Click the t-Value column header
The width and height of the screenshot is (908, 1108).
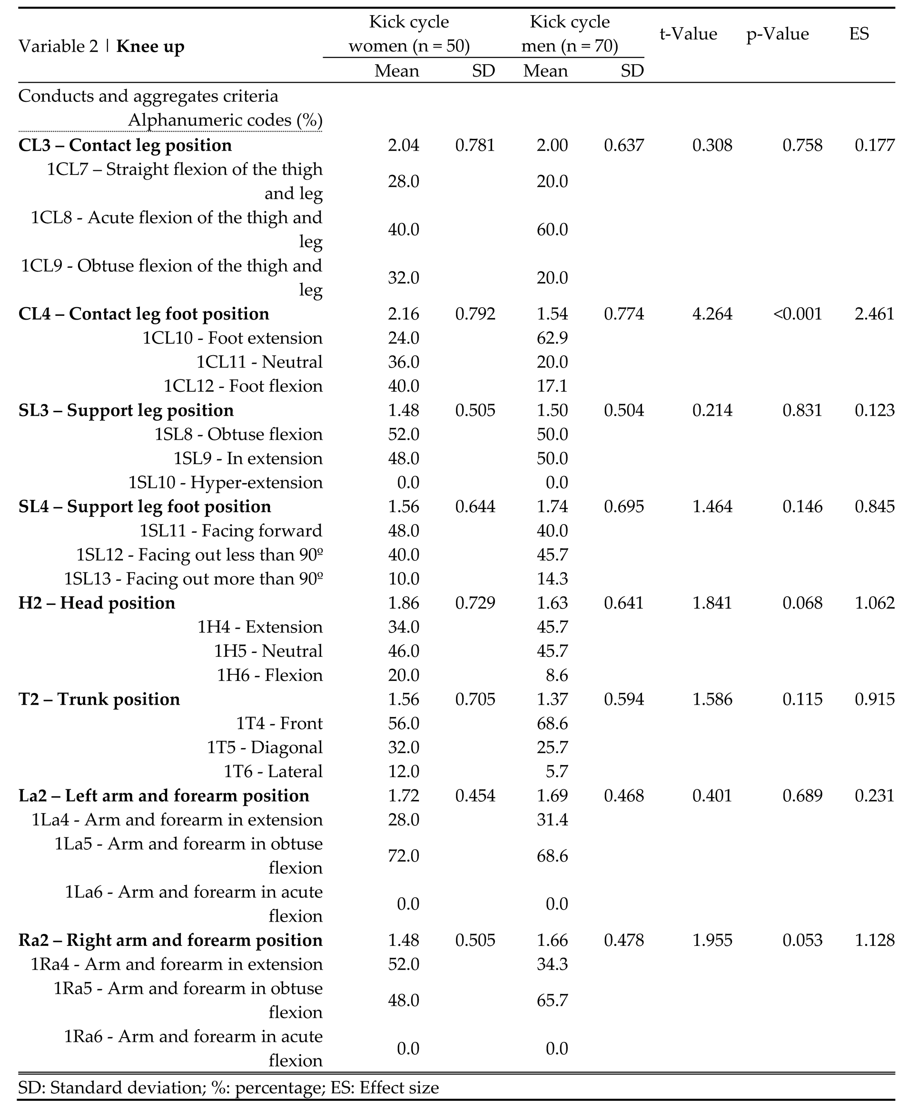pyautogui.click(x=688, y=34)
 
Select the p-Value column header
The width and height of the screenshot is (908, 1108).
pyautogui.click(x=777, y=34)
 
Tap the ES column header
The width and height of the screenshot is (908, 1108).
pyautogui.click(x=859, y=34)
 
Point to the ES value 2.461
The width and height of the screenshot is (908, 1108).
pyautogui.click(x=875, y=314)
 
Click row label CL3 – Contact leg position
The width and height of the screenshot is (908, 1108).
pyautogui.click(x=125, y=146)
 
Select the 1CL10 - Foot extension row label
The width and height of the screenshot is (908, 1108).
pyautogui.click(x=232, y=338)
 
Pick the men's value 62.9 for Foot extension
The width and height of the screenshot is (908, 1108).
pyautogui.click(x=552, y=338)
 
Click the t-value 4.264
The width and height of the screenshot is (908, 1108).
pyautogui.click(x=712, y=314)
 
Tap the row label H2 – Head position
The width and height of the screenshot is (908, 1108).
pyautogui.click(x=97, y=603)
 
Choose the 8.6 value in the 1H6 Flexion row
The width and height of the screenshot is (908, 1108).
pyautogui.click(x=556, y=675)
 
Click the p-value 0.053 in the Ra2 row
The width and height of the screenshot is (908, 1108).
pyautogui.click(x=802, y=940)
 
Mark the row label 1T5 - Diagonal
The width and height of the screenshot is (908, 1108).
pyautogui.click(x=265, y=748)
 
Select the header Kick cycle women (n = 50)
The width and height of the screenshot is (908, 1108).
pyautogui.click(x=409, y=34)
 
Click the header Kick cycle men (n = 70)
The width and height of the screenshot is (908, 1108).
pyautogui.click(x=570, y=34)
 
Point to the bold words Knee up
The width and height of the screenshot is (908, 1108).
pyautogui.click(x=150, y=47)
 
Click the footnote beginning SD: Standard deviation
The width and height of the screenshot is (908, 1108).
pyautogui.click(x=228, y=1088)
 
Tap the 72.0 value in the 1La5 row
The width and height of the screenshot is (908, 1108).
pyautogui.click(x=403, y=856)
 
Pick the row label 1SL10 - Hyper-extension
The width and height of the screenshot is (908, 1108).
pyautogui.click(x=226, y=482)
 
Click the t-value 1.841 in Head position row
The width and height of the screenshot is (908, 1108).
pyautogui.click(x=712, y=603)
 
